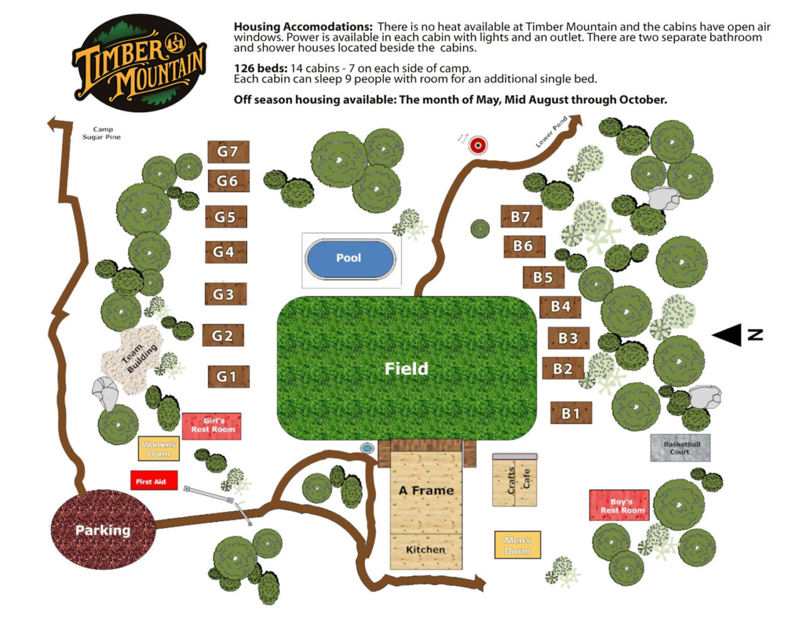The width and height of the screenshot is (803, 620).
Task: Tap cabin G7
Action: pos(228,152)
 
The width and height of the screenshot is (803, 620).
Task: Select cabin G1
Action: pos(228,377)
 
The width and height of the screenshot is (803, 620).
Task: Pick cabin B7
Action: pos(521,217)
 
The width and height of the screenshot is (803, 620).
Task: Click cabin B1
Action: pos(571,413)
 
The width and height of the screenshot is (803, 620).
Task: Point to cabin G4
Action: pos(225,252)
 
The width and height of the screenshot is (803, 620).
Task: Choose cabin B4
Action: pos(560,307)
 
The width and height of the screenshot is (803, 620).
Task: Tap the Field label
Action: pos(407,369)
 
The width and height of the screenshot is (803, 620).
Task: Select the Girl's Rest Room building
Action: pos(212,426)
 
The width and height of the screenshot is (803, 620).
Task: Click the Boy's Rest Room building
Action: pos(620,505)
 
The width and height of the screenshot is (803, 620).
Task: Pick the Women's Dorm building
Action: pos(159,449)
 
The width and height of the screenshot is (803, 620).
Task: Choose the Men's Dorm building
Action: pos(518,545)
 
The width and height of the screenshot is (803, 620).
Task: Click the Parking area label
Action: pos(103,530)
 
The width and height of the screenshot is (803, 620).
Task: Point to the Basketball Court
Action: pos(681,448)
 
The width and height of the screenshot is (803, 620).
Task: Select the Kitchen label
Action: pos(426,550)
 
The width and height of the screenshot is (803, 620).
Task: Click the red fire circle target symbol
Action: pos(479,145)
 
